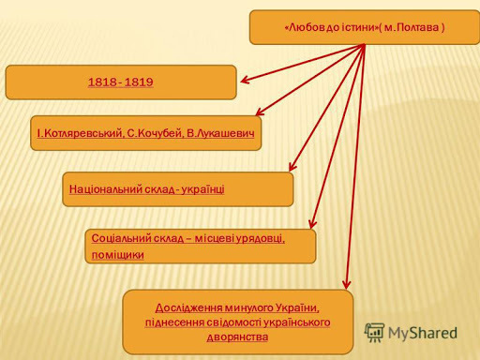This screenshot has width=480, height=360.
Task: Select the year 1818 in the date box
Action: tap(101, 82)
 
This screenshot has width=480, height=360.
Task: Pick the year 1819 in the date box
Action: tap(139, 82)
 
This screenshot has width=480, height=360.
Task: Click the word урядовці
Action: tap(257, 238)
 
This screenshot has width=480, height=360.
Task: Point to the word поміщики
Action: tap(117, 254)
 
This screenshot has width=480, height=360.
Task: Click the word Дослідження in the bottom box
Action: tap(194, 307)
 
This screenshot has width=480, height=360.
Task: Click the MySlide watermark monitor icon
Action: tap(375, 332)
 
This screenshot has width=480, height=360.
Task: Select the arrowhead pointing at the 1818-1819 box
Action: tap(244, 81)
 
